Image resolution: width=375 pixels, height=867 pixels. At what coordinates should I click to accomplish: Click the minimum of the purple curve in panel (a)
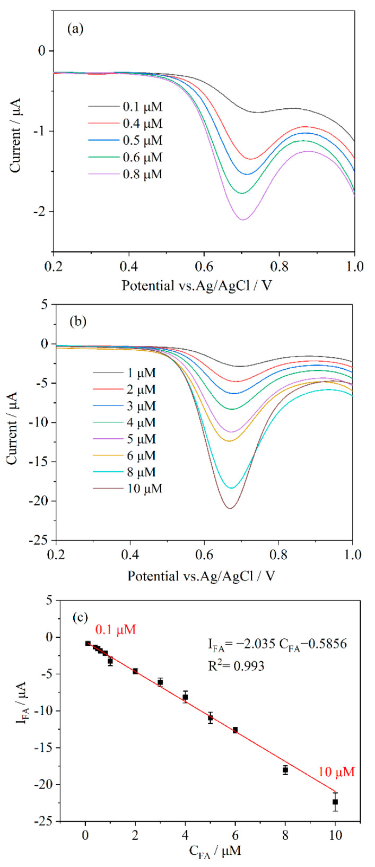click(x=243, y=220)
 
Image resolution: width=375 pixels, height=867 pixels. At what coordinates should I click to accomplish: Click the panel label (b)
click(x=75, y=322)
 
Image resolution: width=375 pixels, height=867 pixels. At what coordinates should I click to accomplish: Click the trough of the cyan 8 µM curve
click(x=232, y=488)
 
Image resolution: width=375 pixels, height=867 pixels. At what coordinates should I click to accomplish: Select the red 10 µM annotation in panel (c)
click(x=336, y=772)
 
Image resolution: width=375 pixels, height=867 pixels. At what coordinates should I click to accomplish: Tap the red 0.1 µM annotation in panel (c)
click(x=116, y=630)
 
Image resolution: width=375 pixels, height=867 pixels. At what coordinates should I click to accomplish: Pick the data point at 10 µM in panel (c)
click(x=335, y=802)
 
